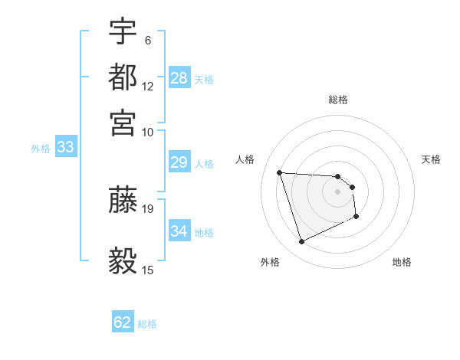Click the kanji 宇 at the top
tap(123, 33)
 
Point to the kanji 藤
tap(123, 199)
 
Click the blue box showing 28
tap(179, 78)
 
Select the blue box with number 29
tap(179, 162)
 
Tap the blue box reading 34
tap(179, 231)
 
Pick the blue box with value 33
tap(65, 147)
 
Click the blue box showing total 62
tap(123, 322)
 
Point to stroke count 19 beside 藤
tap(148, 208)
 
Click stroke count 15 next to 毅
tap(148, 270)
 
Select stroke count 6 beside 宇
tap(147, 41)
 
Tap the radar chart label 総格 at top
tap(338, 100)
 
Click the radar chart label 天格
tap(431, 159)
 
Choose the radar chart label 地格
tap(402, 262)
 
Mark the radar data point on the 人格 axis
tap(280, 172)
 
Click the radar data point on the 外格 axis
tap(301, 242)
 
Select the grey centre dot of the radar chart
tap(338, 191)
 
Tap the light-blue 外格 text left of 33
tap(41, 149)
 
